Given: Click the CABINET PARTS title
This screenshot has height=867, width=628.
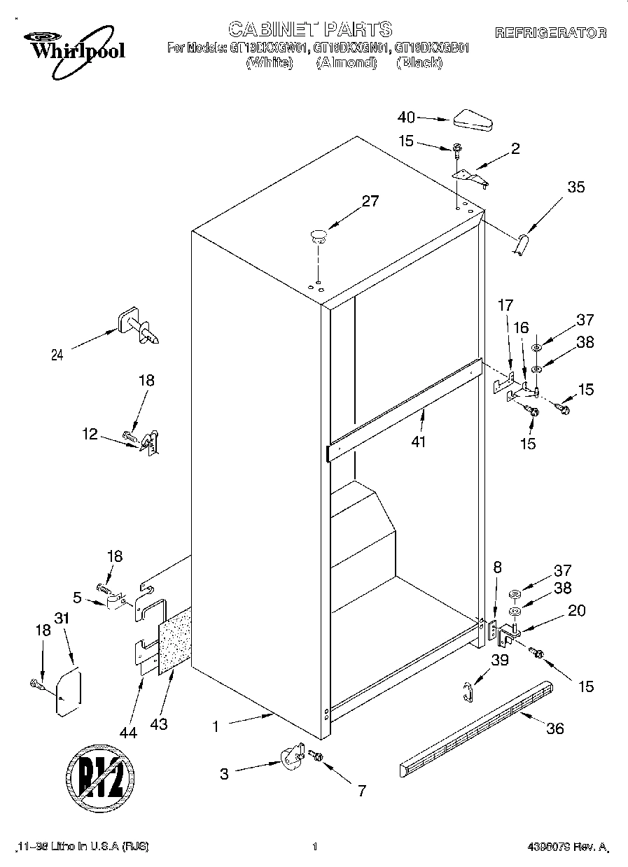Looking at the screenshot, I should [310, 29].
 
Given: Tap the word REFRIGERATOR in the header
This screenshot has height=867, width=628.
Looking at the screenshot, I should [550, 33].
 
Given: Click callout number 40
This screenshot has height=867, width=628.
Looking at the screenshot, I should [406, 118].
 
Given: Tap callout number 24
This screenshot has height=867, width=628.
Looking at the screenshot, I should [57, 355].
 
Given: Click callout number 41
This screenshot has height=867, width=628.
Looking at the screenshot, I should [419, 442].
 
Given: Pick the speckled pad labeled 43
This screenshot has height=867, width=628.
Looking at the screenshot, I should [175, 642].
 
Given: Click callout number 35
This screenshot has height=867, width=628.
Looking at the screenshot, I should [575, 188].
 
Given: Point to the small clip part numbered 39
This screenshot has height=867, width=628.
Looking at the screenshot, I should [468, 691].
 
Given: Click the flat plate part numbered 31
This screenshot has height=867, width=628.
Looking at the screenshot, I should [68, 692].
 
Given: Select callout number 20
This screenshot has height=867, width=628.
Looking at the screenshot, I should [576, 610].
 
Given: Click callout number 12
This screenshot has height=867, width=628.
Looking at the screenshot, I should [90, 434].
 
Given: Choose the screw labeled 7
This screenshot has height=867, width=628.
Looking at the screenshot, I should [314, 756].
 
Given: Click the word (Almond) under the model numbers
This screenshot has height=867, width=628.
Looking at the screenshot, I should [346, 63].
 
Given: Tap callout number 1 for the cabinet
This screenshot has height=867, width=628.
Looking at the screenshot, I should [216, 727].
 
